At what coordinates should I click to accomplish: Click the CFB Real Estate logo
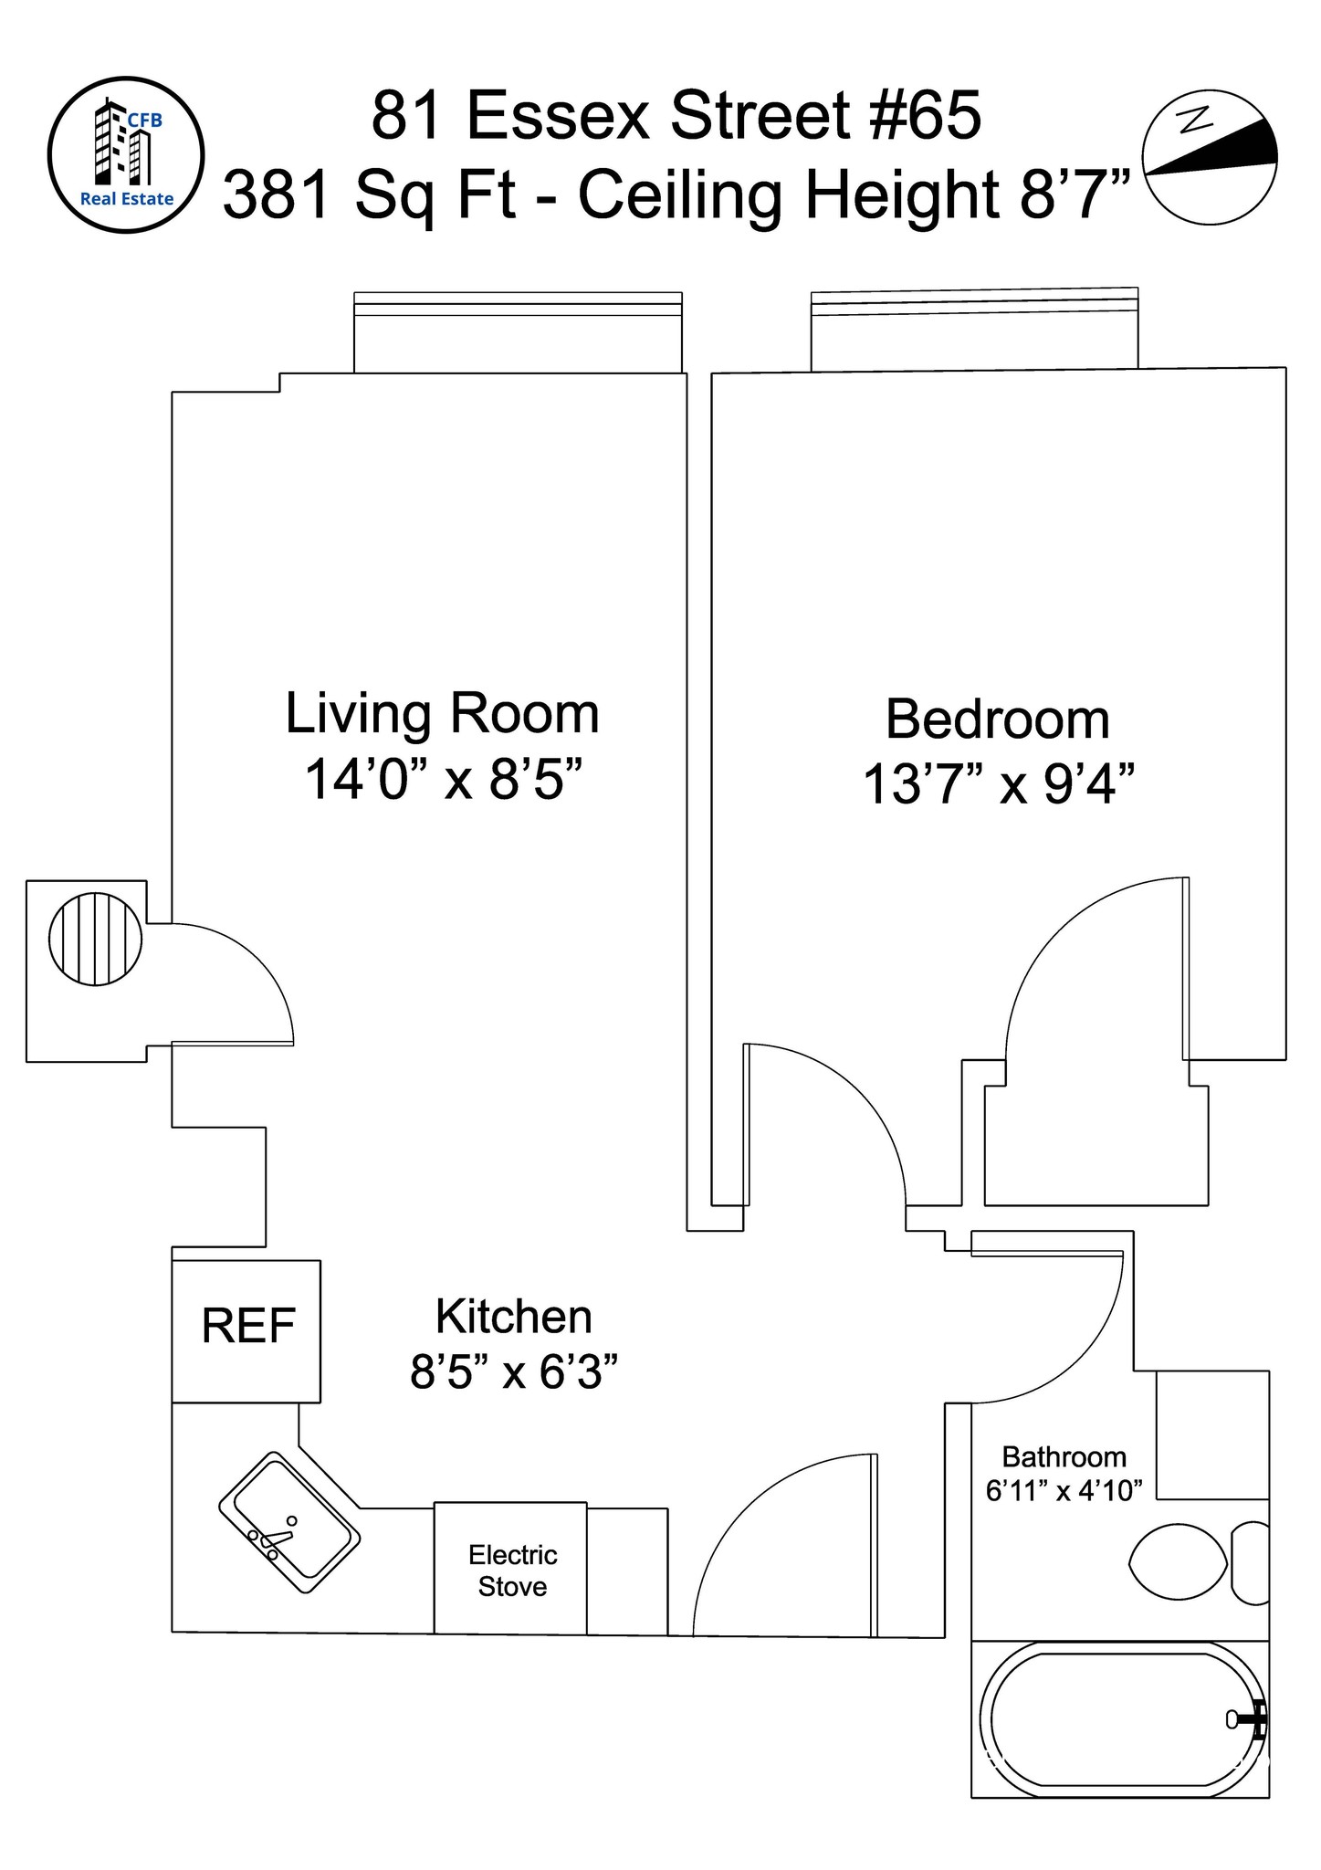(x=126, y=155)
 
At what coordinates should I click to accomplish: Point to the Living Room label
(x=443, y=713)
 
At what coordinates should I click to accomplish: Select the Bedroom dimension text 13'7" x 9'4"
(x=999, y=783)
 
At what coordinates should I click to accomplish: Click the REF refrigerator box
(x=246, y=1331)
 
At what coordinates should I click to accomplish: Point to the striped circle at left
(x=96, y=939)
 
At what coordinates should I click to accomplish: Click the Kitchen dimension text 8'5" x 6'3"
(x=514, y=1371)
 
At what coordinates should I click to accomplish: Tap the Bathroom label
(x=1064, y=1456)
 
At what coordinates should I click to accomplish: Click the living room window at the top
(x=518, y=332)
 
